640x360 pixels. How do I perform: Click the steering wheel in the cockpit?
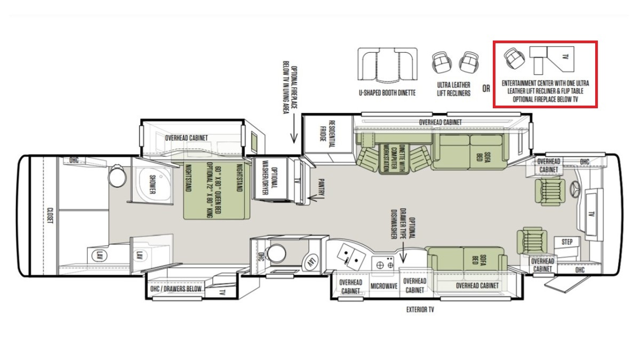click(x=575, y=189)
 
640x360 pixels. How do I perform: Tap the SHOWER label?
click(x=153, y=185)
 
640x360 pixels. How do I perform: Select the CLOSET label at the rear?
click(x=50, y=215)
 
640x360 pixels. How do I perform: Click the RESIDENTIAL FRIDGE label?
click(x=327, y=134)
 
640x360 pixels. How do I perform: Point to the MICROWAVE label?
click(x=384, y=286)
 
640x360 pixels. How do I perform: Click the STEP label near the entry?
click(x=567, y=242)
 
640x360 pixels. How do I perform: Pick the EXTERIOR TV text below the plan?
click(x=420, y=309)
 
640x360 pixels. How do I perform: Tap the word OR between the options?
click(x=486, y=89)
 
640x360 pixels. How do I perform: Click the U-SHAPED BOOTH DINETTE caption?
click(x=387, y=93)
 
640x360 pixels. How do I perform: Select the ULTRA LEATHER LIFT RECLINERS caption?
click(x=454, y=89)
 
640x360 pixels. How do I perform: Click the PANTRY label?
click(x=322, y=188)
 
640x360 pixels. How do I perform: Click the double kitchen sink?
click(x=350, y=257)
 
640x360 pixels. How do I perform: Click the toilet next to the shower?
click(x=117, y=175)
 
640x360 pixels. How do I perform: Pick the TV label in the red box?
click(x=565, y=57)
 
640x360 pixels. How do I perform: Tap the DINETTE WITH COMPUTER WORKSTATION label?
click(x=394, y=158)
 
